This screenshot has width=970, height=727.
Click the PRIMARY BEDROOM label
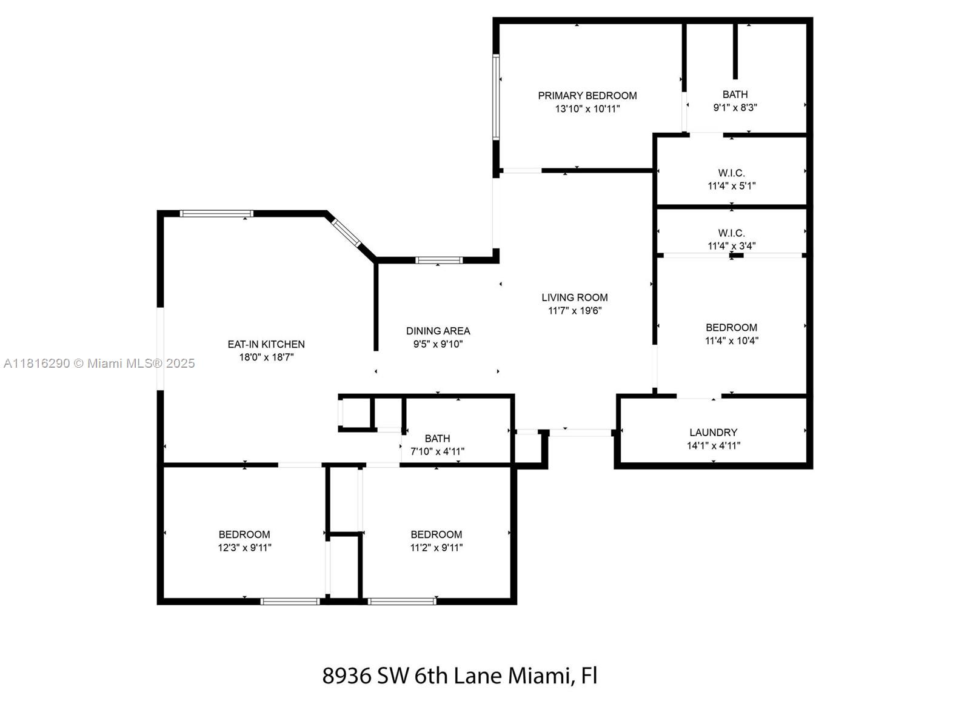click(x=587, y=96)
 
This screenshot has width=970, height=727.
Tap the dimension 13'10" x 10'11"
click(x=587, y=109)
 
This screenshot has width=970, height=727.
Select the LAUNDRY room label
click(x=713, y=433)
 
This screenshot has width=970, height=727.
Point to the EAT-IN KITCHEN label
click(x=266, y=344)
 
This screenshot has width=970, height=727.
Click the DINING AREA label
click(x=438, y=331)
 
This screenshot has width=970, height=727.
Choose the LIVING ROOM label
click(x=574, y=297)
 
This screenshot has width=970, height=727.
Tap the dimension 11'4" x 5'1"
click(x=731, y=186)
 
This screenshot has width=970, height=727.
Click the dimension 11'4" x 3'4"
click(x=731, y=246)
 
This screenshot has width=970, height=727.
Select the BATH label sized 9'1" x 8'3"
click(x=735, y=95)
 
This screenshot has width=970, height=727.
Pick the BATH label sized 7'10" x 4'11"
click(x=437, y=439)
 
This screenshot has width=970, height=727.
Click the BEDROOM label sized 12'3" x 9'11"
click(x=244, y=534)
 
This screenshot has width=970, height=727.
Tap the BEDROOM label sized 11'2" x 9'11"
click(x=436, y=534)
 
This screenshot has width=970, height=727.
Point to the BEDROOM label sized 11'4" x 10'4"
click(x=731, y=328)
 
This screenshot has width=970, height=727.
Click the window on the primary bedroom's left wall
click(x=496, y=97)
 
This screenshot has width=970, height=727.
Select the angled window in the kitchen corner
click(x=346, y=232)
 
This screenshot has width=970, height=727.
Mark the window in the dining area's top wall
click(x=439, y=261)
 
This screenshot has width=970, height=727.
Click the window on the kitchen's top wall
click(x=216, y=213)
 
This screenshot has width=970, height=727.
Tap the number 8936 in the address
click(x=346, y=676)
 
